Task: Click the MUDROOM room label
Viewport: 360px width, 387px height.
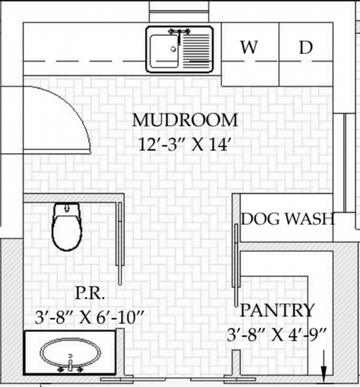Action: pos(185,120)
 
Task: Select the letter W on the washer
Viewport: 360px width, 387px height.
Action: pos(249,47)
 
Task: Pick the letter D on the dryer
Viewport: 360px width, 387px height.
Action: pos(306,47)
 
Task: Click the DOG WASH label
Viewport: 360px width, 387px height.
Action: pos(288,219)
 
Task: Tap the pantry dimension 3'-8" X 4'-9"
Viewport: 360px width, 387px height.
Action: pos(277,335)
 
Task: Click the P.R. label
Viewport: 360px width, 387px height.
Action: pos(90,293)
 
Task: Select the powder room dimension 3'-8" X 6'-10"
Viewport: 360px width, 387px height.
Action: pos(89,317)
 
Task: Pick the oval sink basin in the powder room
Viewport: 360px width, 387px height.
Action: pos(70,352)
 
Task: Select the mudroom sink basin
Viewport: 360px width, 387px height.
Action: pos(164,51)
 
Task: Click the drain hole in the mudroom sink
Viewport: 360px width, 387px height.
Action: pos(173,49)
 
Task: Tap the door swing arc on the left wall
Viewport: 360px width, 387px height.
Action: pos(74,106)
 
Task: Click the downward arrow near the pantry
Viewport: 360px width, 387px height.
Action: pos(323,366)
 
